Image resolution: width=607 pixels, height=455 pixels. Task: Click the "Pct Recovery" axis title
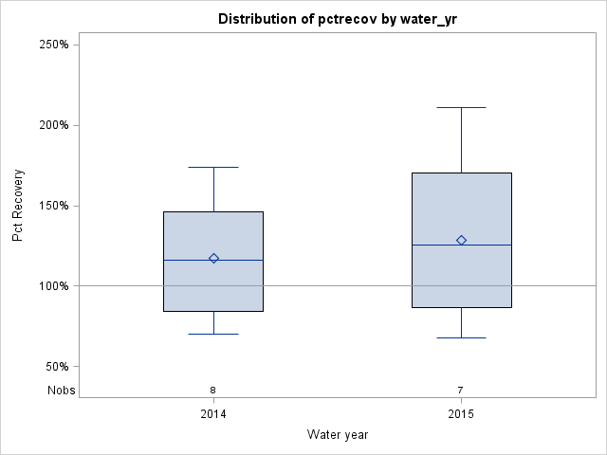pyautogui.click(x=18, y=206)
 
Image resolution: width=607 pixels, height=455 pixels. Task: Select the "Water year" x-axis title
pyautogui.click(x=338, y=434)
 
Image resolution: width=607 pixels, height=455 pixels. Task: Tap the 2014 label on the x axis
pyautogui.click(x=213, y=414)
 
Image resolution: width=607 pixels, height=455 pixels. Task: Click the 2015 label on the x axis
pyautogui.click(x=461, y=414)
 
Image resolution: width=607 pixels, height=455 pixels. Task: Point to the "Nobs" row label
pyautogui.click(x=61, y=390)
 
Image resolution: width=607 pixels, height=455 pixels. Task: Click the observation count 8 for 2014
pyautogui.click(x=213, y=390)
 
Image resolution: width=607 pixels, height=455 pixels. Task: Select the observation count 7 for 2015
pyautogui.click(x=461, y=390)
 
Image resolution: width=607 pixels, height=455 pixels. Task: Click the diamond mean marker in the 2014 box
pyautogui.click(x=213, y=258)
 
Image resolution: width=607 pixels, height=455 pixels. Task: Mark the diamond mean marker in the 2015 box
pyautogui.click(x=461, y=240)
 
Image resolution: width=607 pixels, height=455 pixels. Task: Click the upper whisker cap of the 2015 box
pyautogui.click(x=461, y=107)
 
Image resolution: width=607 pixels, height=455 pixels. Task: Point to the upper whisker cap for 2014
pyautogui.click(x=213, y=167)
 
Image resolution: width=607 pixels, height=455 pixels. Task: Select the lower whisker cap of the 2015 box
pyautogui.click(x=461, y=337)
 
